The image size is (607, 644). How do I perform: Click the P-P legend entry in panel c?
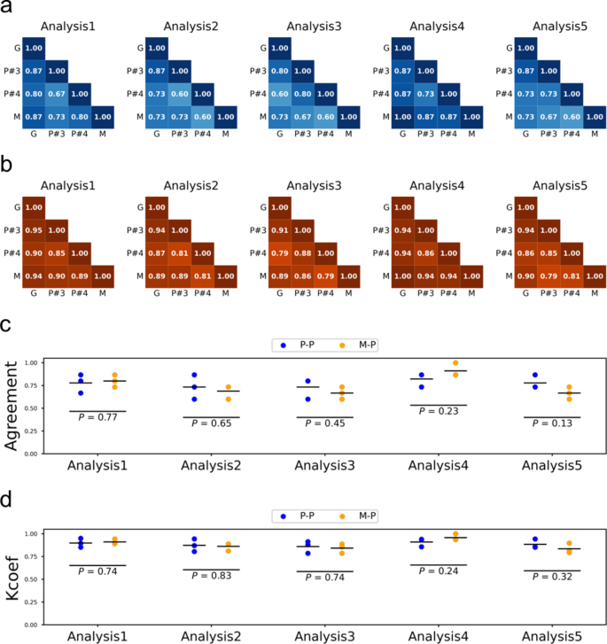296,344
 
